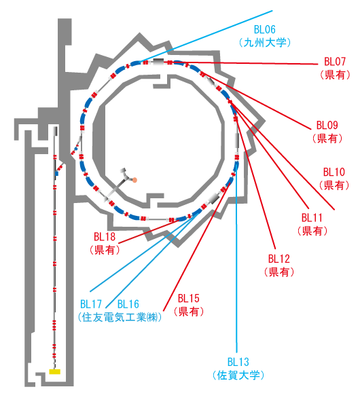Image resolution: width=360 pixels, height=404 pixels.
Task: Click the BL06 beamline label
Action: [x=265, y=30]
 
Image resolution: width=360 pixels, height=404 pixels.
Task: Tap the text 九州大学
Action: [x=265, y=43]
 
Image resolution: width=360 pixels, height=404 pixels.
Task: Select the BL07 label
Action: [x=335, y=62]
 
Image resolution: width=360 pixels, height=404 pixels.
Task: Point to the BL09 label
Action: [x=327, y=126]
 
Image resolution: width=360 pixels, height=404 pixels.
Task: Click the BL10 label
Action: [x=334, y=172]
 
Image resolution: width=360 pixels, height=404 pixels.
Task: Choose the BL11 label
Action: [x=312, y=218]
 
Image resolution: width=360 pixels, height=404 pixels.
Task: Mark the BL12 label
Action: [x=279, y=259]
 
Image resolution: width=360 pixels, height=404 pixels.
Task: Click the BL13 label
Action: [x=238, y=363]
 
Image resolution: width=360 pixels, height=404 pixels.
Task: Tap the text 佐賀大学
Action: [x=238, y=375]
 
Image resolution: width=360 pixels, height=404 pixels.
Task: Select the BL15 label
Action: [x=189, y=299]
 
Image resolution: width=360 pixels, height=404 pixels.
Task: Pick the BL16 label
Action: [x=128, y=304]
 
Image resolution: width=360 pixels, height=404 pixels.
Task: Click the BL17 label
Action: [x=91, y=304]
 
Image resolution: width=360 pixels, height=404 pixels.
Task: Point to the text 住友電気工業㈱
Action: [x=120, y=317]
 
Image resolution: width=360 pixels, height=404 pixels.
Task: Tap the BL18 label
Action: [x=105, y=237]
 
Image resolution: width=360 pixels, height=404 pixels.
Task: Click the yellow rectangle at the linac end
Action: [x=54, y=371]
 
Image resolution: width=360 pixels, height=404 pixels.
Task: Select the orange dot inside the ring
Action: [x=134, y=180]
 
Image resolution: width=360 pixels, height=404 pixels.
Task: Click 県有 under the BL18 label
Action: [x=105, y=250]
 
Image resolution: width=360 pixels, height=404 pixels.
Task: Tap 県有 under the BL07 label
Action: [x=335, y=75]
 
